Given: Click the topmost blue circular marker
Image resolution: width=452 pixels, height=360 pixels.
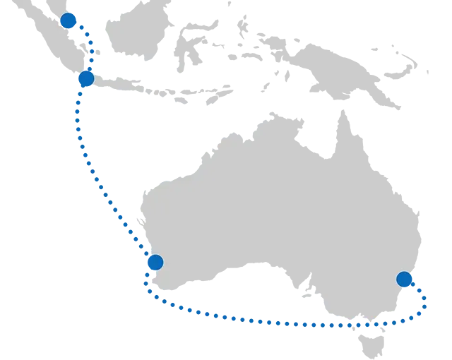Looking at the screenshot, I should pyautogui.click(x=67, y=20).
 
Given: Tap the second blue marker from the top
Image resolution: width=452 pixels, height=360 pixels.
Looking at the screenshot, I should pyautogui.click(x=88, y=79).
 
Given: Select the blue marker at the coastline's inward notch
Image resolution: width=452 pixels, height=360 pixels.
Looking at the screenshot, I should pyautogui.click(x=155, y=263).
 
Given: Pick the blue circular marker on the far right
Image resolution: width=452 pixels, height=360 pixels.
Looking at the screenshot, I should pyautogui.click(x=403, y=279).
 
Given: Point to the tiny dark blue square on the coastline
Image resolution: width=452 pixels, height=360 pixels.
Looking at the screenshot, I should pyautogui.click(x=133, y=224).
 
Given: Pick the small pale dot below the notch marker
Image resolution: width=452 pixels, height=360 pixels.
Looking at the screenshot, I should pyautogui.click(x=149, y=280).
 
